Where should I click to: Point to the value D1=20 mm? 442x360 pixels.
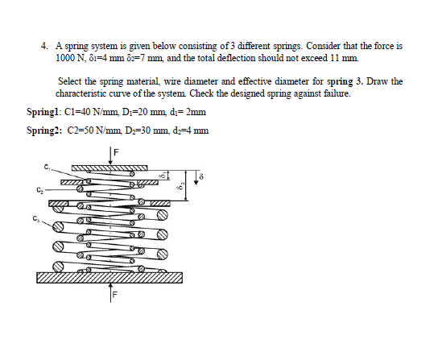(x=143, y=111)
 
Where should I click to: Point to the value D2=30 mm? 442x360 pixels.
(x=144, y=129)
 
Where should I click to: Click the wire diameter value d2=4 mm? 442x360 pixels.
(x=190, y=129)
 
